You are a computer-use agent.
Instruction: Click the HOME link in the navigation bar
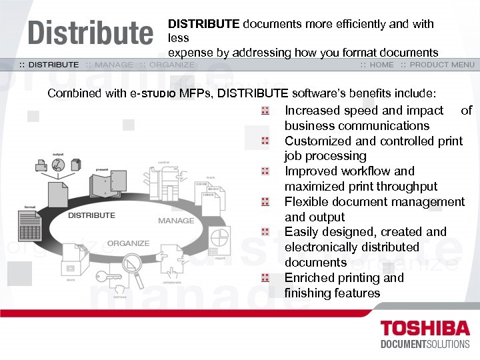point(381,65)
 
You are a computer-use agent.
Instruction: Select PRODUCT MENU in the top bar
point(442,65)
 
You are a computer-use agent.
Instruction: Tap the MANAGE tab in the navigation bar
point(114,65)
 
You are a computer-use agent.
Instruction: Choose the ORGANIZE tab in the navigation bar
point(172,65)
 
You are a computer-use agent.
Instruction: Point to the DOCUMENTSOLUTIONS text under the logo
point(424,345)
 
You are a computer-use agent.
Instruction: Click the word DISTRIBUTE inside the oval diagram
point(91,215)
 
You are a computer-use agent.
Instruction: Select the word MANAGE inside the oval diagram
point(176,220)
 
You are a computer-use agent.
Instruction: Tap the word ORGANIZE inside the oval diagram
point(128,243)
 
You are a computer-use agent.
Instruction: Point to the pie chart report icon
point(220,237)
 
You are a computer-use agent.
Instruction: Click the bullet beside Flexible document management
point(265,202)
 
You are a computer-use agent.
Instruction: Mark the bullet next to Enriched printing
point(265,278)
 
